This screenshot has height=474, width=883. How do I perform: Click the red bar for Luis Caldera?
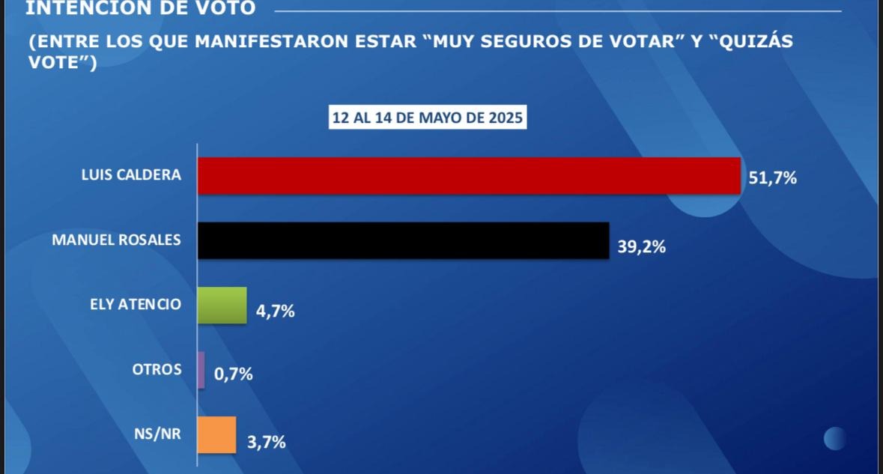pos(469,176)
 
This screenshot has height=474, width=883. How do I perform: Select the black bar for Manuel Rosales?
pos(403,240)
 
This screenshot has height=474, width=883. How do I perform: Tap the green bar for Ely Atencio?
pos(222,306)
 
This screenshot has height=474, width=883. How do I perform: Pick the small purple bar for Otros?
pos(201,370)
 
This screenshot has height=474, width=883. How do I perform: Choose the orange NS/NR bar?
pos(216,435)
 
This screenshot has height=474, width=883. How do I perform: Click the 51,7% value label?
pos(773,178)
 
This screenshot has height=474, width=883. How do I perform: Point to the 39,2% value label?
pos(642,245)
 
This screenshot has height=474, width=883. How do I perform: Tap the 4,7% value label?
pos(276,310)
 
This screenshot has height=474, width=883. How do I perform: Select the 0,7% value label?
pos(234,374)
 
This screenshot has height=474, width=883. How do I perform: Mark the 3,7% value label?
pos(267,442)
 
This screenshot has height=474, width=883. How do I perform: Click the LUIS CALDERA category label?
pos(131,175)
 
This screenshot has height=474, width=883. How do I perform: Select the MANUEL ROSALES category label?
pos(116,240)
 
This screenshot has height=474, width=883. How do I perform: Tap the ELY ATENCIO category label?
pos(135,305)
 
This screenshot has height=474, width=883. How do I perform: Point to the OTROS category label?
pos(157,369)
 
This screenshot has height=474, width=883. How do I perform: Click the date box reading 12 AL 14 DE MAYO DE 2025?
pos(428,118)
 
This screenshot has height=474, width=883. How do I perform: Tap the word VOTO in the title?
pos(224,8)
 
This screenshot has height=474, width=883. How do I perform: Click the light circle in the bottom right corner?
pos(835,438)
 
